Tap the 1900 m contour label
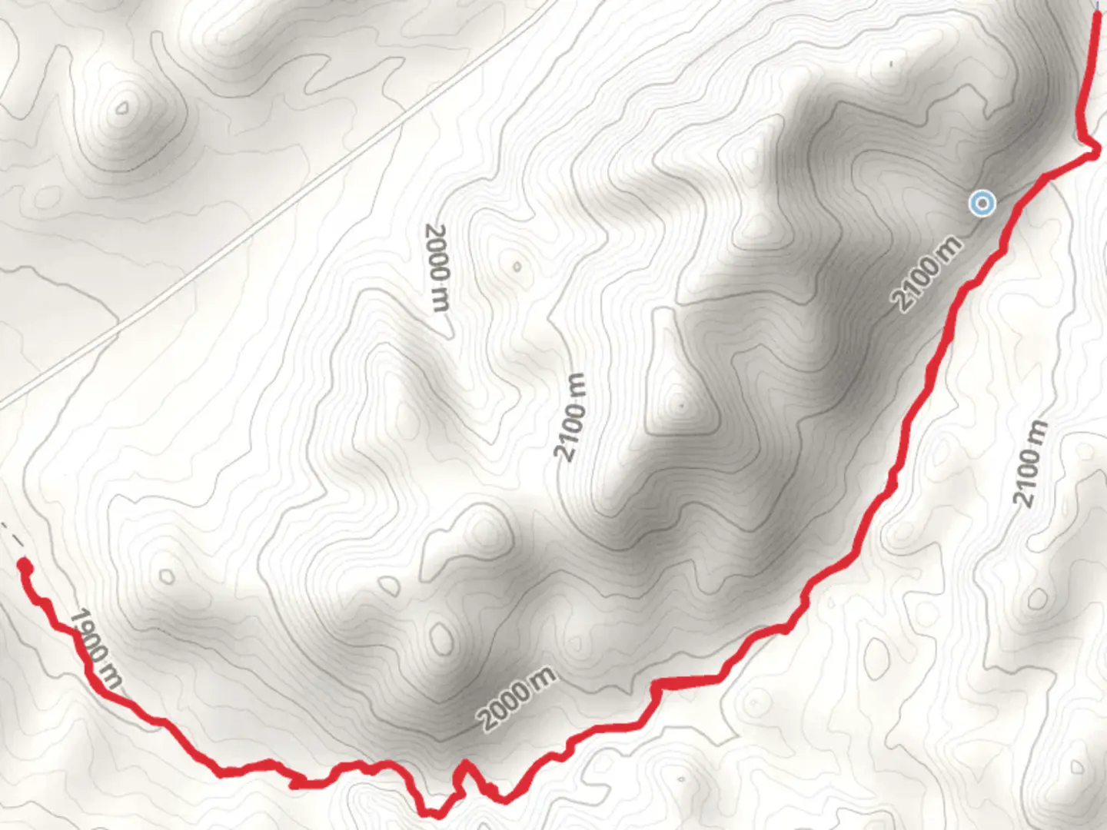pos(95,648)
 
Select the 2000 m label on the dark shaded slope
pos(517,699)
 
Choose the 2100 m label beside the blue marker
pos(927,274)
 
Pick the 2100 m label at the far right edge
pos(1031,463)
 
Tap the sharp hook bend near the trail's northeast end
pos(1092,154)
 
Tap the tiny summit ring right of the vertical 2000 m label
pos(517,267)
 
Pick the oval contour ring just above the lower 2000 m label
pos(440,638)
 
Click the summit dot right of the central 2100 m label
pos(681,403)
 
